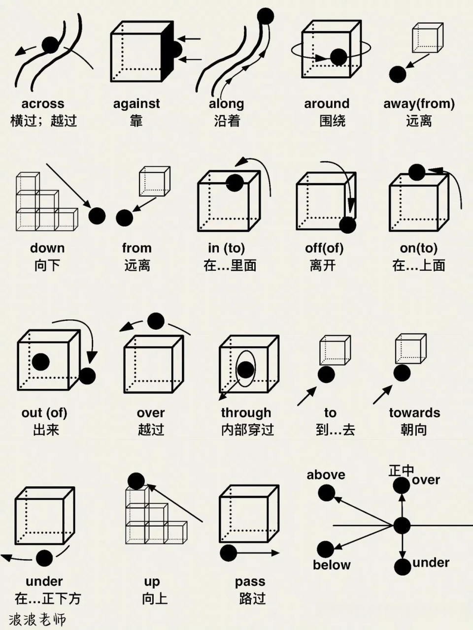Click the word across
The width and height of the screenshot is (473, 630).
pos(43,104)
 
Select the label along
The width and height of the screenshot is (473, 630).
pos(226,104)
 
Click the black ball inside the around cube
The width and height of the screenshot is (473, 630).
pos(338,57)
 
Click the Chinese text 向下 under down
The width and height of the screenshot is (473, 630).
pos(47,266)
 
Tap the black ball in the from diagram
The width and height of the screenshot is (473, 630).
pos(124,218)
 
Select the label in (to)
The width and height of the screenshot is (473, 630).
pos(226,248)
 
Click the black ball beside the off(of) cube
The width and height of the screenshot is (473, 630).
pos(347,225)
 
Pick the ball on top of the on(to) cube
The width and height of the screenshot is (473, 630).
pos(416,172)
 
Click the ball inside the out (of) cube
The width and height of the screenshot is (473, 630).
pos(40,362)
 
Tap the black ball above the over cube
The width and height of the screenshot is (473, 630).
pos(156,321)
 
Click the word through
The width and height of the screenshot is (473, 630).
pos(246,412)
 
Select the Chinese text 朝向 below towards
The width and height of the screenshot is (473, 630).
pos(414,430)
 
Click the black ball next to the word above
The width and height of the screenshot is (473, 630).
pos(326,493)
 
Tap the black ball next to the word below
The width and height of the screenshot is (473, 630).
pos(325,549)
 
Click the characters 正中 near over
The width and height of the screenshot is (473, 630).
pos(401,471)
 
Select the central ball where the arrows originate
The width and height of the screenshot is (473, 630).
pos(402,526)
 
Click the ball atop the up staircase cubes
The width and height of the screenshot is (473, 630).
pos(136,481)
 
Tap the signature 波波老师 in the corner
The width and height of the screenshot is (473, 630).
pos(37,619)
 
